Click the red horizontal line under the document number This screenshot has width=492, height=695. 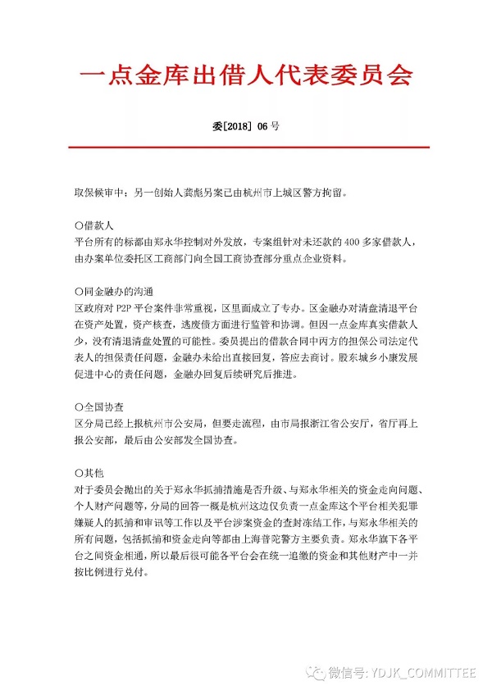246,148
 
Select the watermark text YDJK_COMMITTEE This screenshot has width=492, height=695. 418,673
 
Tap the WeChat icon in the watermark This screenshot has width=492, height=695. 315,673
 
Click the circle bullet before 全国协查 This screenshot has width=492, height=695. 79,407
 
